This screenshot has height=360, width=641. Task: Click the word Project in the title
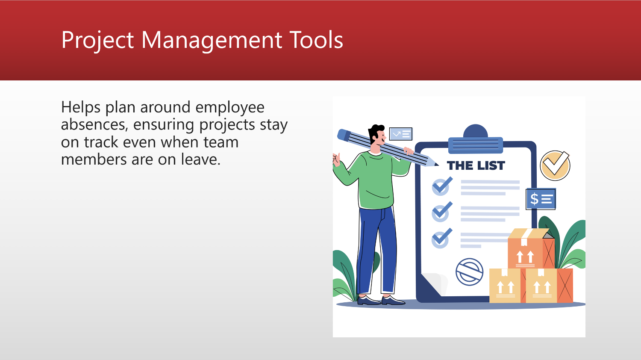click(97, 40)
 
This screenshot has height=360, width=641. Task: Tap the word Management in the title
click(212, 40)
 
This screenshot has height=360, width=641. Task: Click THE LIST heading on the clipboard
click(476, 166)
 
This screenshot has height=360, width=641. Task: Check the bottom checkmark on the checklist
click(441, 239)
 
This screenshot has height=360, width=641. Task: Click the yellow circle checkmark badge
click(555, 165)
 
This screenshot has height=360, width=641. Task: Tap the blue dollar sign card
click(541, 199)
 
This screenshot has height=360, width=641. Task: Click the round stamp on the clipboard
click(469, 272)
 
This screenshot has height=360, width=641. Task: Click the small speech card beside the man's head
click(400, 134)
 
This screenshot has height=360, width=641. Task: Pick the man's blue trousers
click(376, 248)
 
